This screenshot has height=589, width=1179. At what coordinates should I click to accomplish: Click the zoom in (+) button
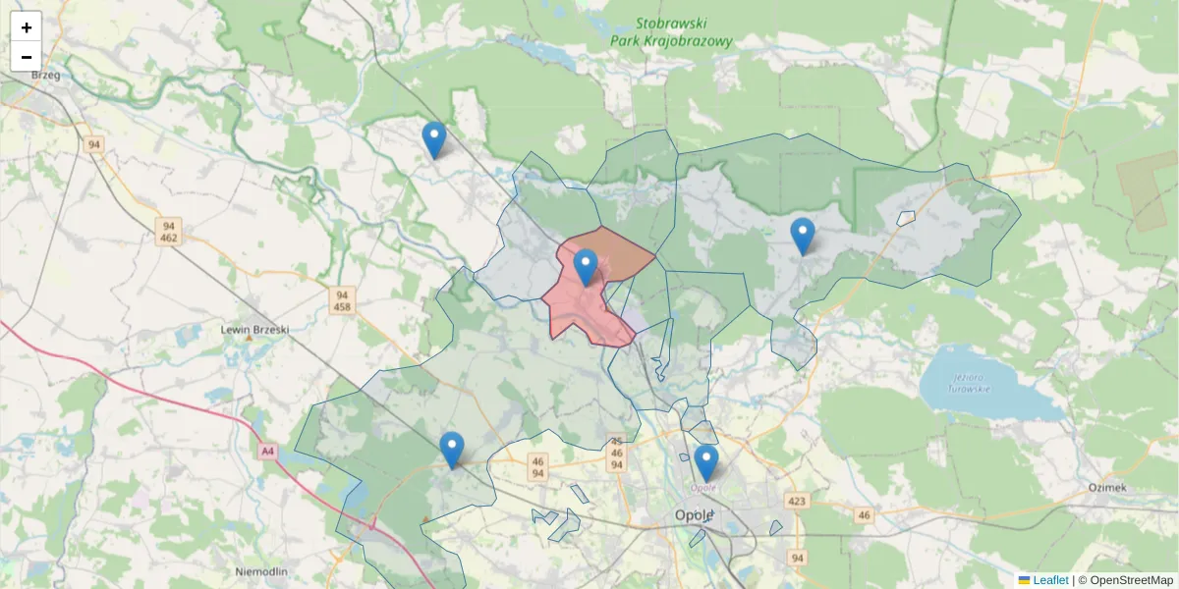pos(27,27)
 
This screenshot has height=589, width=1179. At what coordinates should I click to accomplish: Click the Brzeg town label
pos(46,75)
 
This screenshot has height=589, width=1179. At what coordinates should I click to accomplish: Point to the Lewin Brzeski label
pos(254,330)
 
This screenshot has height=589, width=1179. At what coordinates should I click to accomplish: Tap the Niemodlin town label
pos(261,571)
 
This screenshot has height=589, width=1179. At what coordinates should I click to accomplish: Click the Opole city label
pos(695,515)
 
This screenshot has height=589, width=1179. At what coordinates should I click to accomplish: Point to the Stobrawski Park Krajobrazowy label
pos(671,32)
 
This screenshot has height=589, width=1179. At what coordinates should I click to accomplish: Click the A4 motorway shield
pos(268,452)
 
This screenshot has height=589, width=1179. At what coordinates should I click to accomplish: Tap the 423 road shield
pos(797,502)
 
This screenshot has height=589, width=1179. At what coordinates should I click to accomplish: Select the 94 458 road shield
pos(342,300)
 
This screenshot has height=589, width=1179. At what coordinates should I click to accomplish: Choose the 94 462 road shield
pos(168,232)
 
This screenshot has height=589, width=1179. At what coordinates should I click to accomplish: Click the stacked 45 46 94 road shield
pos(617,454)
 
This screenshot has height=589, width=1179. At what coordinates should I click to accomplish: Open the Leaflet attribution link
pos(1049,580)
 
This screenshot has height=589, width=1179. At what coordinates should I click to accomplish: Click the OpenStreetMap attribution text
pos(1131,580)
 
